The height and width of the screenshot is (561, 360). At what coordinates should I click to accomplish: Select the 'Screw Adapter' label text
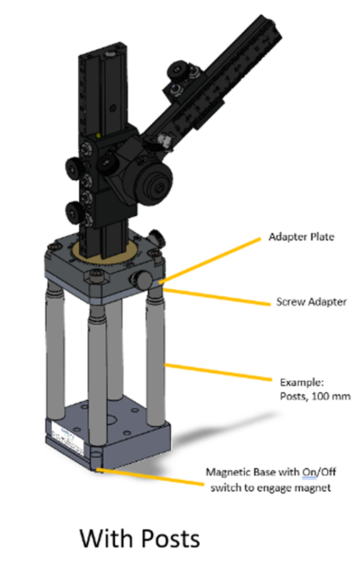311,302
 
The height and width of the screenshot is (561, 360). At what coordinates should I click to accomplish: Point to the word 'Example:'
296,382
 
